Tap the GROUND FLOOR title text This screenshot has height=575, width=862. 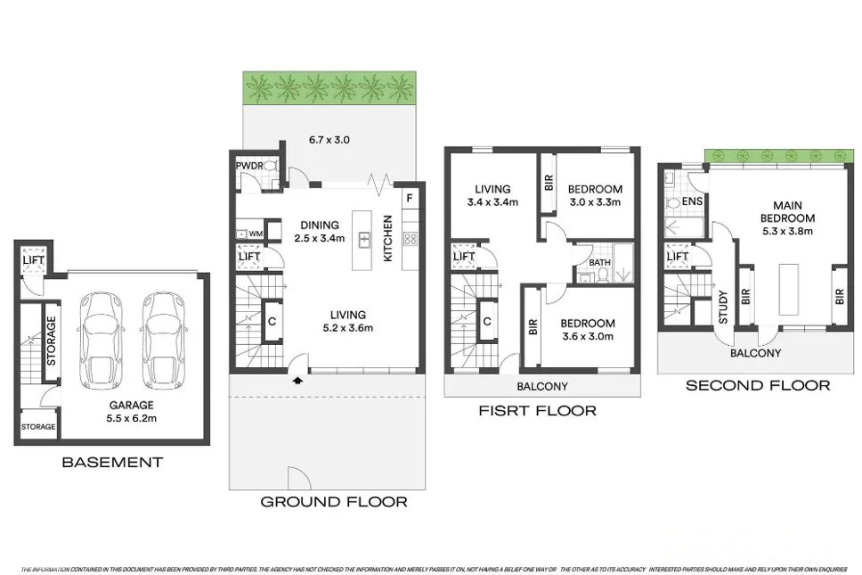[x=333, y=502]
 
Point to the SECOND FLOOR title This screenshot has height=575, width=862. [x=757, y=385]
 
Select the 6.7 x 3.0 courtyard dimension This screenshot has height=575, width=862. [x=329, y=140]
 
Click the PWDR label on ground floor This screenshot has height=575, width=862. [x=247, y=167]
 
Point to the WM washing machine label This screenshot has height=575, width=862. [x=256, y=234]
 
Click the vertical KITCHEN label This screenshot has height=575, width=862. [x=387, y=238]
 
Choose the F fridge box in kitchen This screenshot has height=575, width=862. [x=409, y=198]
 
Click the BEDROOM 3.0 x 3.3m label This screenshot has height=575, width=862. [x=596, y=195]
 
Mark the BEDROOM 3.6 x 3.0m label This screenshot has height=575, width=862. [x=588, y=329]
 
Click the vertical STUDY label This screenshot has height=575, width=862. [x=723, y=308]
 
